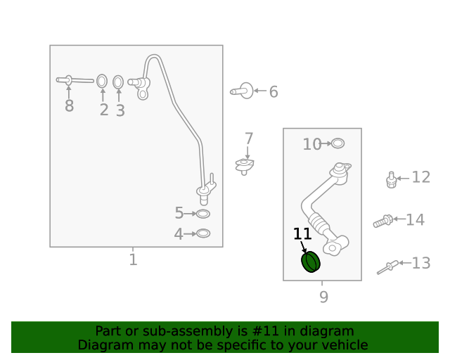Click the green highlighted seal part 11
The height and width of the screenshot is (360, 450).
311,262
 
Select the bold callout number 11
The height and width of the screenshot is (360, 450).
302,234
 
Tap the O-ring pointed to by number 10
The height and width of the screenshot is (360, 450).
337,143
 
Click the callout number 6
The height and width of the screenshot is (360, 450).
274,92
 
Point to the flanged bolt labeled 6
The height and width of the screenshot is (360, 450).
242,91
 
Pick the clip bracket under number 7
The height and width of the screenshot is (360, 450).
244,166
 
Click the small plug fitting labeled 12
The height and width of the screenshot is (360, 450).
391,180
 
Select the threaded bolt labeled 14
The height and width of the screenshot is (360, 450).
382,221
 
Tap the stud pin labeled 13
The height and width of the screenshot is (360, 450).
387,267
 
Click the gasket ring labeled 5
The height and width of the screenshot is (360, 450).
203,214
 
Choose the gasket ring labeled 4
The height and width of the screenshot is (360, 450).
203,233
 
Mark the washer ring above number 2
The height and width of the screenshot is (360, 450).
102,82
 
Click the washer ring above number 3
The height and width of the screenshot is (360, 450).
118,82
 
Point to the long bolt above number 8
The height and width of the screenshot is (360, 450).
75,80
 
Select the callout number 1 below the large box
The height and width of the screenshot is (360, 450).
133,259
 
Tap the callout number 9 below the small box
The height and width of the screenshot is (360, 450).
323,297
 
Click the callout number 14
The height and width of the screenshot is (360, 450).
416,220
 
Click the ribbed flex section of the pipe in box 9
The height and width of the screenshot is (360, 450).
318,222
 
